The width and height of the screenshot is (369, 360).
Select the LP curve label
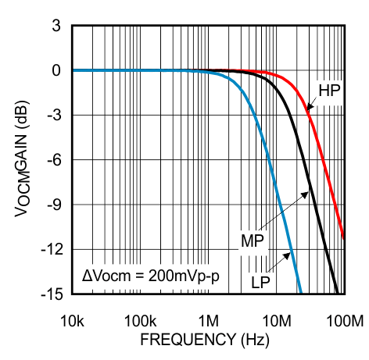(x=263, y=281)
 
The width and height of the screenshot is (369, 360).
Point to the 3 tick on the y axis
(x=56, y=26)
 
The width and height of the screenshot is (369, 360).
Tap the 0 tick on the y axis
(x=56, y=70)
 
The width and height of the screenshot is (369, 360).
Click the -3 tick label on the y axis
(x=53, y=116)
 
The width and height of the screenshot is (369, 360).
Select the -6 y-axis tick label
(x=53, y=160)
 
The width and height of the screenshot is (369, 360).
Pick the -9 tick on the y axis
(x=53, y=205)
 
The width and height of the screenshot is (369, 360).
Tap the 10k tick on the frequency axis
(x=73, y=320)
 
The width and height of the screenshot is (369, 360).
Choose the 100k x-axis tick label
(x=141, y=320)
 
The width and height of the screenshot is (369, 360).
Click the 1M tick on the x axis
(x=209, y=320)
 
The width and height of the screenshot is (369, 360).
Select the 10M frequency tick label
(x=276, y=320)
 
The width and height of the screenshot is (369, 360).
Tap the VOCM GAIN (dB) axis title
(x=21, y=166)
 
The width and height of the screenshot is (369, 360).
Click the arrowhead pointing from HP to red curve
(x=307, y=110)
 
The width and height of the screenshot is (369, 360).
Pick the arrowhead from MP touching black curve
(x=307, y=189)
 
